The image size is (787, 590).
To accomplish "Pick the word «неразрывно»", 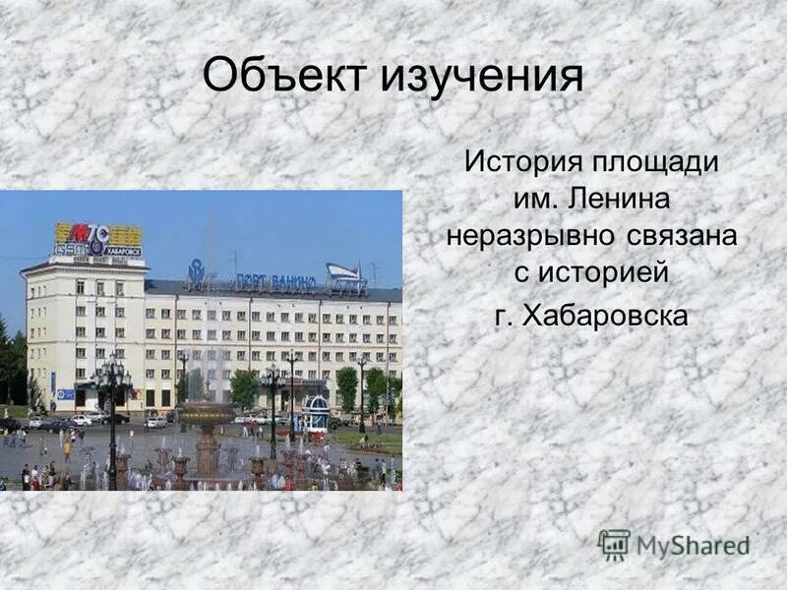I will click(528, 236).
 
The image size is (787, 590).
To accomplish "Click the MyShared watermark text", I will click(693, 545).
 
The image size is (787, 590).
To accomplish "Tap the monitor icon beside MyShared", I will click(614, 544).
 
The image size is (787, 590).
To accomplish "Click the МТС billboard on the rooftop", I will click(97, 239).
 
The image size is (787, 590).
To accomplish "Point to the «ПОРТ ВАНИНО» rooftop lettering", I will click(275, 282).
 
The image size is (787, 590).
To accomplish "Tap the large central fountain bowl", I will click(207, 413).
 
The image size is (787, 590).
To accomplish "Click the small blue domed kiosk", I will click(316, 412).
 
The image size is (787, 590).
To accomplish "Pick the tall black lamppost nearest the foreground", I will click(111, 413).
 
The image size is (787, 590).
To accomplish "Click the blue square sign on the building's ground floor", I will click(65, 394).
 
